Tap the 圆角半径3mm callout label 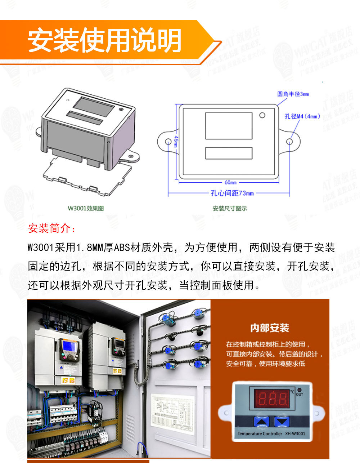click(293, 94)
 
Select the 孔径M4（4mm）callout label click(302, 116)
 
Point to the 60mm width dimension click(230, 182)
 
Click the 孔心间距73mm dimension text click(232, 193)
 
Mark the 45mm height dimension click(176, 141)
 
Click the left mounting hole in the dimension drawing click(168, 142)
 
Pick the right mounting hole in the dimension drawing click(289, 142)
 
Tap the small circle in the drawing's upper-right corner click(262, 115)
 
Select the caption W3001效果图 click(86, 208)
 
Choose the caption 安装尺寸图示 click(230, 208)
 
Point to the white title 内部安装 click(270, 328)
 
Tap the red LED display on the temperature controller click(273, 399)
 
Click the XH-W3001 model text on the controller click(295, 433)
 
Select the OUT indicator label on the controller click(300, 394)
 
